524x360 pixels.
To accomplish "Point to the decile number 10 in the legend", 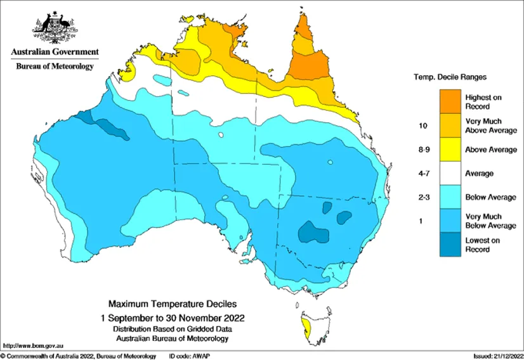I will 422,125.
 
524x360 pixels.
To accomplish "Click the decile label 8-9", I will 422,150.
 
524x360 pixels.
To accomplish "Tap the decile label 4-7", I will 422,173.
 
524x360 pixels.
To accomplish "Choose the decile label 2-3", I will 422,197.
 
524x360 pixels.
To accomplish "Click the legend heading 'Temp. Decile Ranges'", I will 450,77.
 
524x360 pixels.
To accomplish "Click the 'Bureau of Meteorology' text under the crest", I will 55,66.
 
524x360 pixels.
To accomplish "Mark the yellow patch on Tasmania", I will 308,328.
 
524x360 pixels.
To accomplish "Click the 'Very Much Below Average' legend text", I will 491,221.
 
